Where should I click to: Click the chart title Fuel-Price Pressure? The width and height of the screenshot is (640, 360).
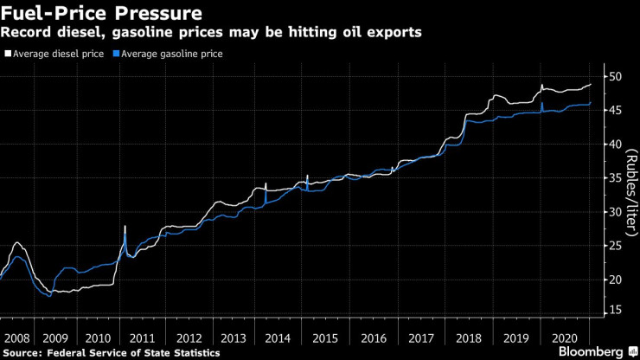click(x=103, y=14)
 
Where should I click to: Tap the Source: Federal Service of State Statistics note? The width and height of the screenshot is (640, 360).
click(x=112, y=353)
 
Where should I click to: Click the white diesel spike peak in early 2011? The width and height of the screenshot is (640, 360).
click(x=125, y=226)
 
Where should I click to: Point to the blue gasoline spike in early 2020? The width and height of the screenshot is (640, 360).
click(x=541, y=104)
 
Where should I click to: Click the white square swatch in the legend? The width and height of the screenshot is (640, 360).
click(x=9, y=54)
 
